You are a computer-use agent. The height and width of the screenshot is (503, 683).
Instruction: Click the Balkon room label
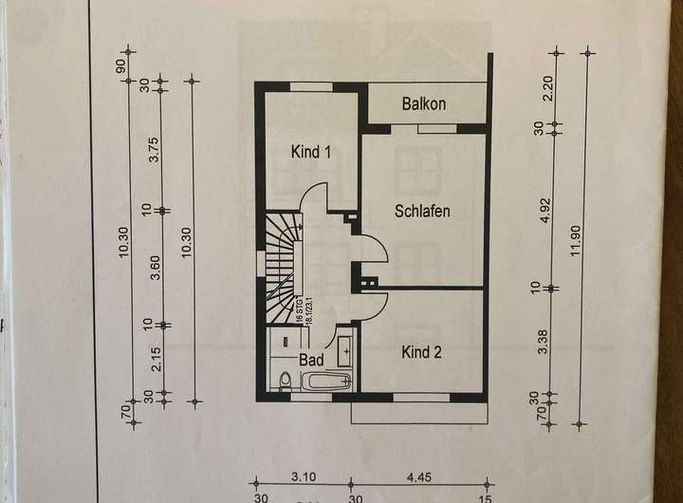(424, 102)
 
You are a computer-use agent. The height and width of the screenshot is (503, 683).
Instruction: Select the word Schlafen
(421, 211)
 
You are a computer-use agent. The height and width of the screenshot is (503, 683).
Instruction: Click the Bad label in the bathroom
(311, 361)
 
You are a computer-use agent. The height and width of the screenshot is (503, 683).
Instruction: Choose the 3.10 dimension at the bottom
(304, 478)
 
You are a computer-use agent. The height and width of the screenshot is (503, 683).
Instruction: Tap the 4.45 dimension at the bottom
(417, 478)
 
